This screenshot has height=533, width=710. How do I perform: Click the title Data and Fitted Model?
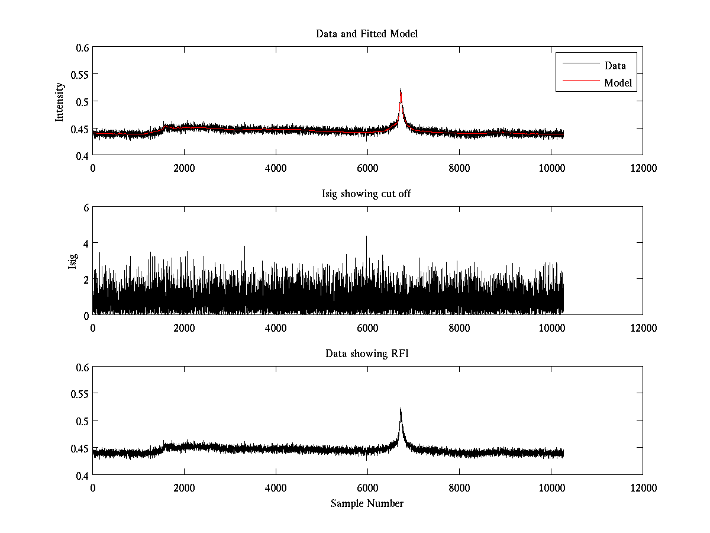[x=367, y=34]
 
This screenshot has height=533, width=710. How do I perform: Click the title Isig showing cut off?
[x=367, y=194]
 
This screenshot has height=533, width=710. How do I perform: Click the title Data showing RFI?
[x=367, y=354]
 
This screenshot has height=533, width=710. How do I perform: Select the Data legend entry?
[x=615, y=66]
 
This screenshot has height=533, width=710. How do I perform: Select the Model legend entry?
[x=618, y=83]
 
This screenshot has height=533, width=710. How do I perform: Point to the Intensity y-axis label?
[x=59, y=102]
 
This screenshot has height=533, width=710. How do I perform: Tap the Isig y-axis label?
[x=72, y=261]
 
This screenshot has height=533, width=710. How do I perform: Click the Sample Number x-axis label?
[x=367, y=503]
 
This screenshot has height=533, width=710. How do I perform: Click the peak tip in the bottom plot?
[x=401, y=409]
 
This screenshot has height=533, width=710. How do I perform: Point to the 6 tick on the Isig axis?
[x=85, y=207]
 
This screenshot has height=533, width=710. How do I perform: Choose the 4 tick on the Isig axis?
[x=85, y=243]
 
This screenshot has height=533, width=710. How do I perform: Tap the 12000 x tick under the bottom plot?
[x=643, y=488]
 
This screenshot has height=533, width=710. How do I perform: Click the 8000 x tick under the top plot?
[x=459, y=168]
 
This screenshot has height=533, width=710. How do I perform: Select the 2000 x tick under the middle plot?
[x=184, y=328]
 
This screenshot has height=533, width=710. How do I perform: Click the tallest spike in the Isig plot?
[x=366, y=237]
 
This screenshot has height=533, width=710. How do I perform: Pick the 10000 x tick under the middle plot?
[x=551, y=328]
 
